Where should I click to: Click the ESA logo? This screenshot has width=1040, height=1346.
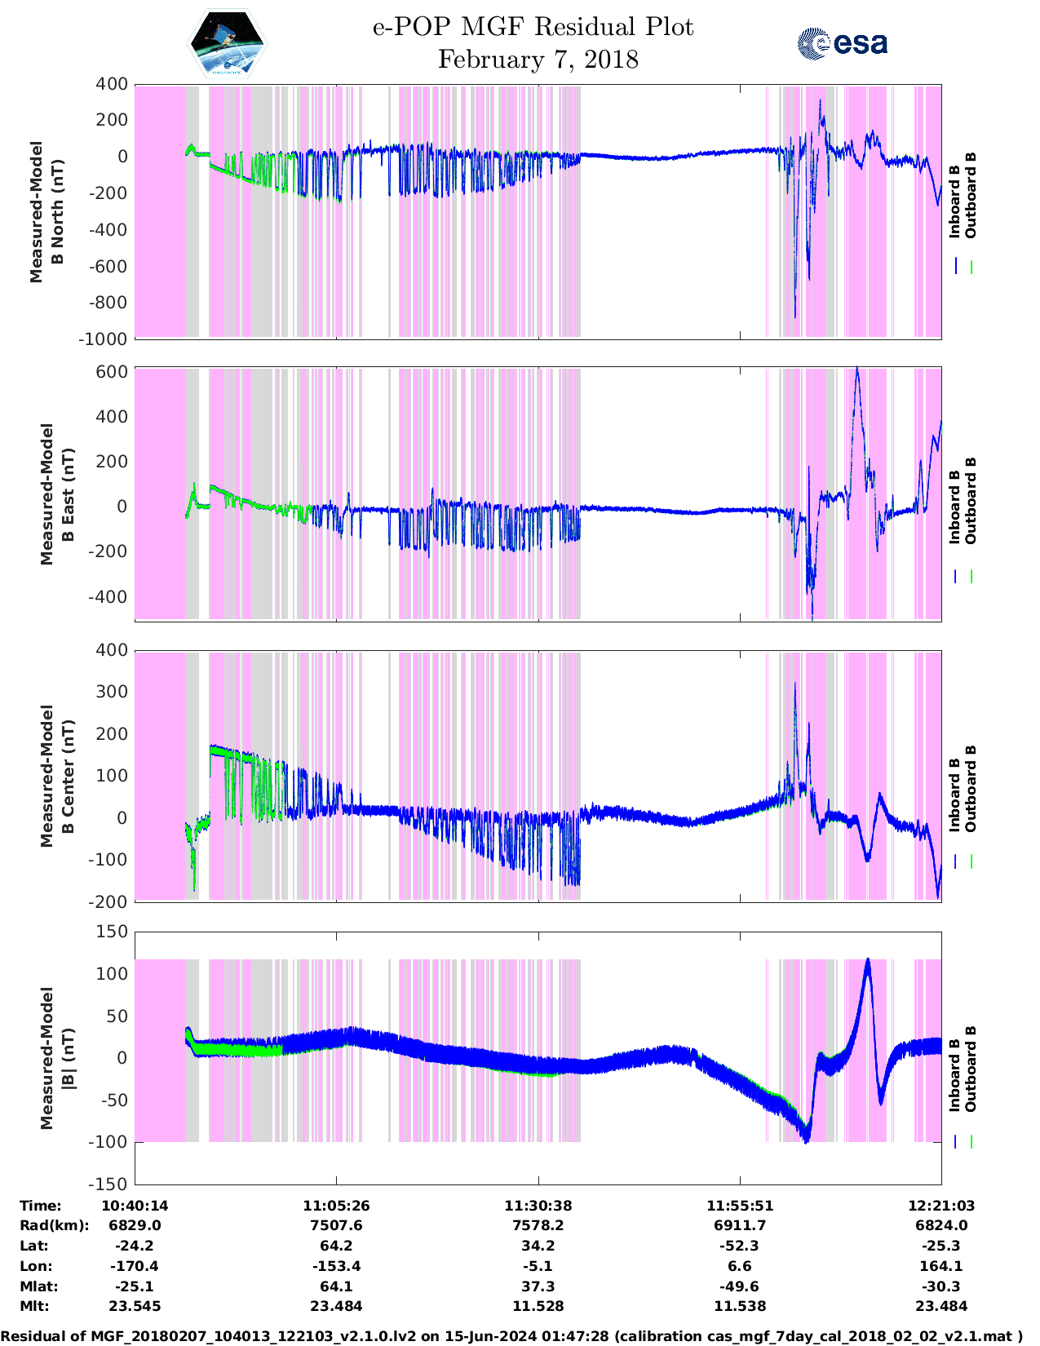click(842, 43)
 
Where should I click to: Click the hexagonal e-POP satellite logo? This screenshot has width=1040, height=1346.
click(227, 45)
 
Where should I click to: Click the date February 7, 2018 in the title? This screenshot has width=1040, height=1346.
click(538, 60)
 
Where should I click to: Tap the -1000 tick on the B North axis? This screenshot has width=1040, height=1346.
click(103, 339)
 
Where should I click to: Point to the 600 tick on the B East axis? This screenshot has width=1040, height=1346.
click(112, 372)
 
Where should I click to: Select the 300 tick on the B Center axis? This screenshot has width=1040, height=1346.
click(112, 692)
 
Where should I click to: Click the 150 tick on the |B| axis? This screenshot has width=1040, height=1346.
click(112, 932)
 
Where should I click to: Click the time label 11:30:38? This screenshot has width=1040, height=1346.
click(538, 1206)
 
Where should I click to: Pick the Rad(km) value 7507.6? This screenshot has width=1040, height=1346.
click(336, 1225)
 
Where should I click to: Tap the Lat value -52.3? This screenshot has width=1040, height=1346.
click(740, 1246)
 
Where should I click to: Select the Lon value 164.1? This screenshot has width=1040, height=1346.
click(941, 1266)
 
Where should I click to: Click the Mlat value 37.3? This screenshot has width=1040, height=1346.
click(538, 1286)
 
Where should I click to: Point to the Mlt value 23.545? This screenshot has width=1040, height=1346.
click(135, 1306)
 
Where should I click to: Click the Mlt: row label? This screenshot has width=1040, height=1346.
click(34, 1306)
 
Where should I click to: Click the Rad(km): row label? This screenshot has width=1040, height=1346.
click(54, 1225)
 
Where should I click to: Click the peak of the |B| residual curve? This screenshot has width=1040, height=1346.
click(867, 960)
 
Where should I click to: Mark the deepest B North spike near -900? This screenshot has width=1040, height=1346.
click(795, 317)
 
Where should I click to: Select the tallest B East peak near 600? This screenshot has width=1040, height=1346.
click(856, 369)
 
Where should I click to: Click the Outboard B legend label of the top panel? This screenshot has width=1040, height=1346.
click(970, 196)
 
